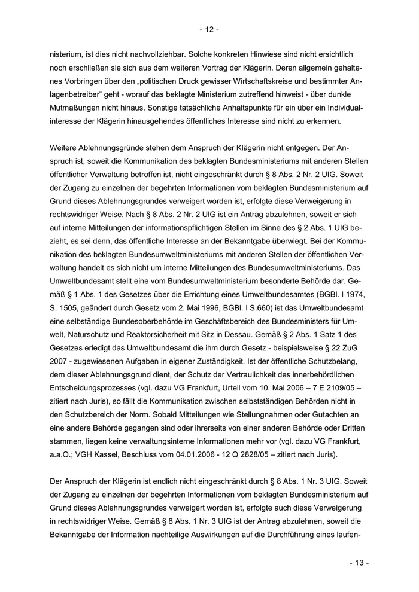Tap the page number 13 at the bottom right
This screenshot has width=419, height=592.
point(359,563)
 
